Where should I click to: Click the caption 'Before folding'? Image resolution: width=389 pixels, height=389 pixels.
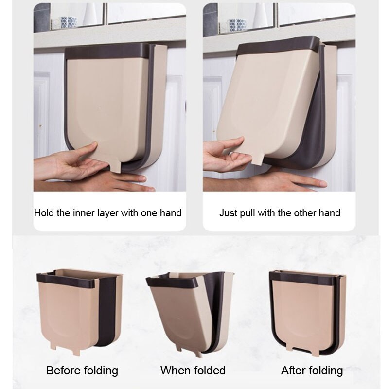(82, 371)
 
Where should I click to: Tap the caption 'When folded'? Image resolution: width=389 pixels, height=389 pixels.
(193, 371)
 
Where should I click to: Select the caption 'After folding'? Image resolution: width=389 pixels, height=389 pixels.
(312, 371)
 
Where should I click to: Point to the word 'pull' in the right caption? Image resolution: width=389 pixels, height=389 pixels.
(252, 213)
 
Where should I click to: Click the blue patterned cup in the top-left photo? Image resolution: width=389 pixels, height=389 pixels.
(68, 23)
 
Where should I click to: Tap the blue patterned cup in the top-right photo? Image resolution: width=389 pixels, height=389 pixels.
(237, 25)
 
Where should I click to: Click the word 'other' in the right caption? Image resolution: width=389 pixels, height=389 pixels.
(305, 213)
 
